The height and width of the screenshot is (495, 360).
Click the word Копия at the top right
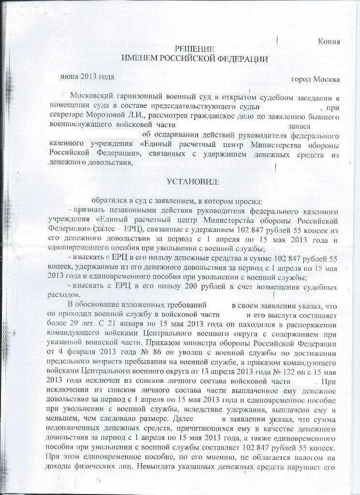tap(329, 42)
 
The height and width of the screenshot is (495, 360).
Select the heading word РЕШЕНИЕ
tap(194, 49)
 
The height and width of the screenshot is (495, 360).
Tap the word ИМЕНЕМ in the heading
tap(139, 58)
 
